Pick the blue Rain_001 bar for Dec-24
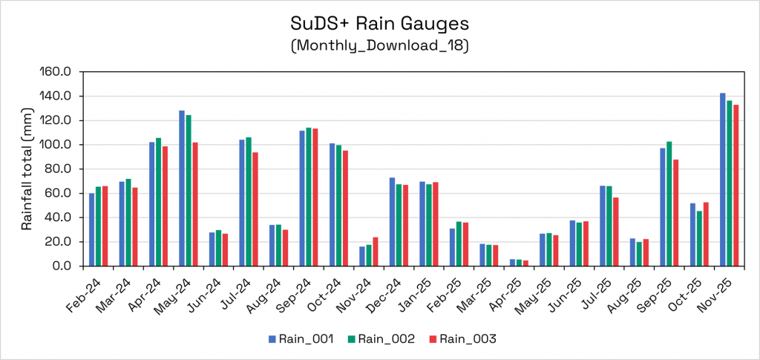[x=393, y=222]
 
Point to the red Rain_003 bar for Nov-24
[x=375, y=252]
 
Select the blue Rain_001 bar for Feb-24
[x=92, y=229]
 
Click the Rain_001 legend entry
[x=301, y=339]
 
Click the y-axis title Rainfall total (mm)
[x=27, y=169]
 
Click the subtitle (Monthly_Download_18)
[x=379, y=45]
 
